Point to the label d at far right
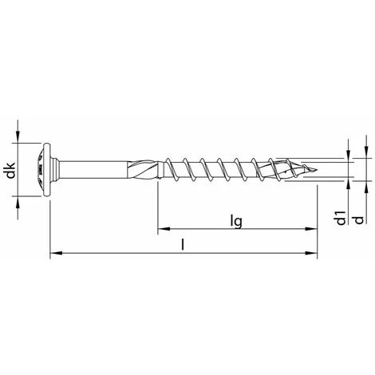coord(360,218)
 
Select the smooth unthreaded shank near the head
coord(96,169)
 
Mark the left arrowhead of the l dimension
coord(54,255)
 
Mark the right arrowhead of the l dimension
coord(312,255)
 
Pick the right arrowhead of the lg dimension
coord(312,230)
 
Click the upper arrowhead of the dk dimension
coord(18,140)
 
